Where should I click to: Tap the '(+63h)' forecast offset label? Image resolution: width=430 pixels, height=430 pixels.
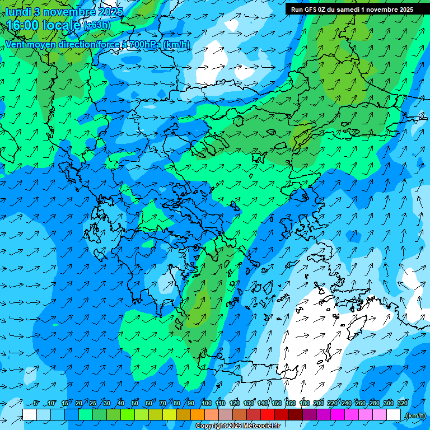coord(97,25)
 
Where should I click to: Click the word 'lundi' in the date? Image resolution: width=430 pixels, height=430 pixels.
coord(18,12)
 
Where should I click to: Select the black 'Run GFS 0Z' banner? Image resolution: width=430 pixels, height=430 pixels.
coord(352,9)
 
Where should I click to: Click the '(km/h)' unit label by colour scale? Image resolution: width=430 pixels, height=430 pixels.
coord(415,415)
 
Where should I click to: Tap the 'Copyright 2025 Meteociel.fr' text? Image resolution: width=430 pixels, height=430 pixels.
coord(237,426)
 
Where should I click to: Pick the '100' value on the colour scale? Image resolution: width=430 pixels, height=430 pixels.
coord(206,403)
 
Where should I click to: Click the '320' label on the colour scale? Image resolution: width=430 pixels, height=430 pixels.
coord(402,403)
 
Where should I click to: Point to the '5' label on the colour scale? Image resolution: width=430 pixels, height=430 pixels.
coord(36,403)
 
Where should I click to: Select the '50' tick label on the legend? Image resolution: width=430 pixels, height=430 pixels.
coord(135,403)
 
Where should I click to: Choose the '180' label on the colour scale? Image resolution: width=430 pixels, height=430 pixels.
coord(304,403)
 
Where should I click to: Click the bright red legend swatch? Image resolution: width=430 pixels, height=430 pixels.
coord(268,415)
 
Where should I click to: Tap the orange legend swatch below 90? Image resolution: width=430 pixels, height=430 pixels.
coord(198,415)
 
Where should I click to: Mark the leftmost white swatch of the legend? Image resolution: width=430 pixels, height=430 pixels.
coord(30,415)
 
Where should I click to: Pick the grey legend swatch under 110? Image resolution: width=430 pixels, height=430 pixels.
coord(226,415)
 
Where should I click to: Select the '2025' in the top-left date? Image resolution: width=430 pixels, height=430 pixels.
coord(110,12)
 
